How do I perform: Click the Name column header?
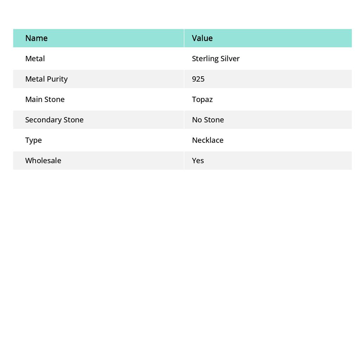[36, 38]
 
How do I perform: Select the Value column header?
[202, 38]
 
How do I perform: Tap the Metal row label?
[35, 59]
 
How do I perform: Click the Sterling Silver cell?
[216, 59]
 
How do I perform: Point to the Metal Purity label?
[46, 79]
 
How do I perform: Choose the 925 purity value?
[198, 79]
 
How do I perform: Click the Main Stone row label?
[45, 99]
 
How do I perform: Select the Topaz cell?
[202, 99]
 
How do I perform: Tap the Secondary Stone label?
[54, 120]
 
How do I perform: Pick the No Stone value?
[208, 120]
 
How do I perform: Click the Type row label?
[33, 140]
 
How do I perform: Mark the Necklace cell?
[207, 140]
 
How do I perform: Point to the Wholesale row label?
[43, 161]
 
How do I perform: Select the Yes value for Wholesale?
[198, 161]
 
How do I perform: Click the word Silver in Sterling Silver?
[230, 59]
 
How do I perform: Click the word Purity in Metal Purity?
[57, 79]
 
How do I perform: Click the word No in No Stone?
[197, 120]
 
